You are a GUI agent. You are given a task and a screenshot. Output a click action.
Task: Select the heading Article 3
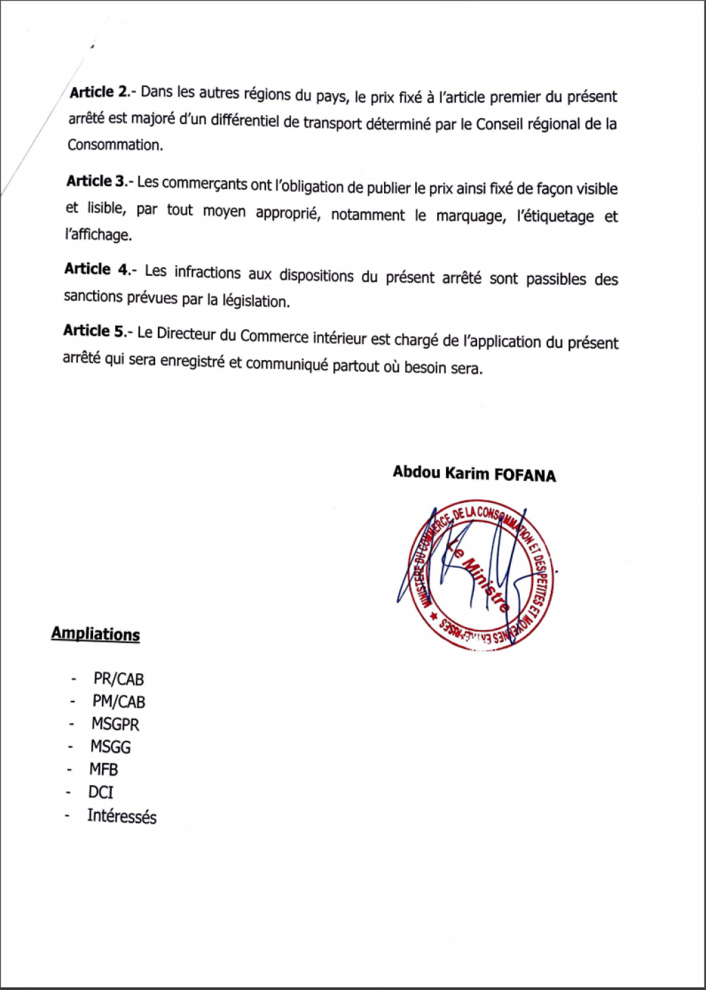click(96, 181)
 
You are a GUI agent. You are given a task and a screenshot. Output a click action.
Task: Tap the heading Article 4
click(97, 269)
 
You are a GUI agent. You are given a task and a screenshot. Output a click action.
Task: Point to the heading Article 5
click(95, 331)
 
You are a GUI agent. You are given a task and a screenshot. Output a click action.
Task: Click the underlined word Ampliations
click(95, 634)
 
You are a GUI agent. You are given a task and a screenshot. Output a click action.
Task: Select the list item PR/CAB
click(119, 680)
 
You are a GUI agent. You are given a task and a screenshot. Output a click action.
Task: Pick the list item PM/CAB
click(119, 702)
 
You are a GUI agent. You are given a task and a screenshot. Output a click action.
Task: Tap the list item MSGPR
click(115, 724)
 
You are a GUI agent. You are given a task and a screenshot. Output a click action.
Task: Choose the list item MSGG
click(110, 747)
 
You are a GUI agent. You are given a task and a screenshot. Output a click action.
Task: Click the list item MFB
click(103, 770)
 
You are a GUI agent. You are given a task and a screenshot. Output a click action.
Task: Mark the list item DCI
click(101, 793)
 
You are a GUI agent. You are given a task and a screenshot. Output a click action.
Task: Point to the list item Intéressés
click(121, 817)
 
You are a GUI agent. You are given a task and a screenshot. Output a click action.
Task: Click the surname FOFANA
click(525, 475)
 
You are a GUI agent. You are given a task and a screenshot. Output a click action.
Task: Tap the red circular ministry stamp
click(482, 575)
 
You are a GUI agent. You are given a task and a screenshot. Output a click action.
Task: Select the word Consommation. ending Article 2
click(114, 145)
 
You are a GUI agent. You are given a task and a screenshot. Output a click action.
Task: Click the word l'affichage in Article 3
click(98, 235)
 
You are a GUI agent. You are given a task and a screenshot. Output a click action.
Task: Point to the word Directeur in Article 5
click(187, 333)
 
